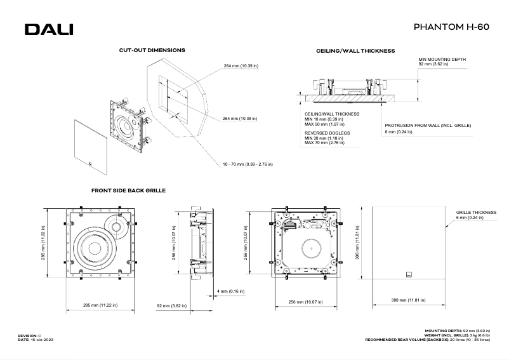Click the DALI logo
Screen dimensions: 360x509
(x=49, y=29)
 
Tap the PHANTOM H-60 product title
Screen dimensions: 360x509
(x=451, y=28)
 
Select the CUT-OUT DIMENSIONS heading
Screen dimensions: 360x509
(x=152, y=50)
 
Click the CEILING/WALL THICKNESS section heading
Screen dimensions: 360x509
(x=355, y=50)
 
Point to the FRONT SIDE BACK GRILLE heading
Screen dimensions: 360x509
(x=129, y=190)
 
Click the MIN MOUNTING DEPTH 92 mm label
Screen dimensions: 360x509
(x=442, y=62)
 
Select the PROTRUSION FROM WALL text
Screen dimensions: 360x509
(x=428, y=126)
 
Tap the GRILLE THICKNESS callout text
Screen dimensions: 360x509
(x=476, y=213)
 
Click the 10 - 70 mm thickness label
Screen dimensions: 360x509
(x=248, y=164)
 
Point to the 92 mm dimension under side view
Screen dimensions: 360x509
(x=171, y=305)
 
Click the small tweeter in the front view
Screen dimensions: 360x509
(x=117, y=225)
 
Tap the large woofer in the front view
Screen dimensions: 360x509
(x=95, y=247)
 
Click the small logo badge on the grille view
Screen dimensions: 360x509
(x=409, y=275)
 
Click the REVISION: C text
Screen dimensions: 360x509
(x=29, y=334)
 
